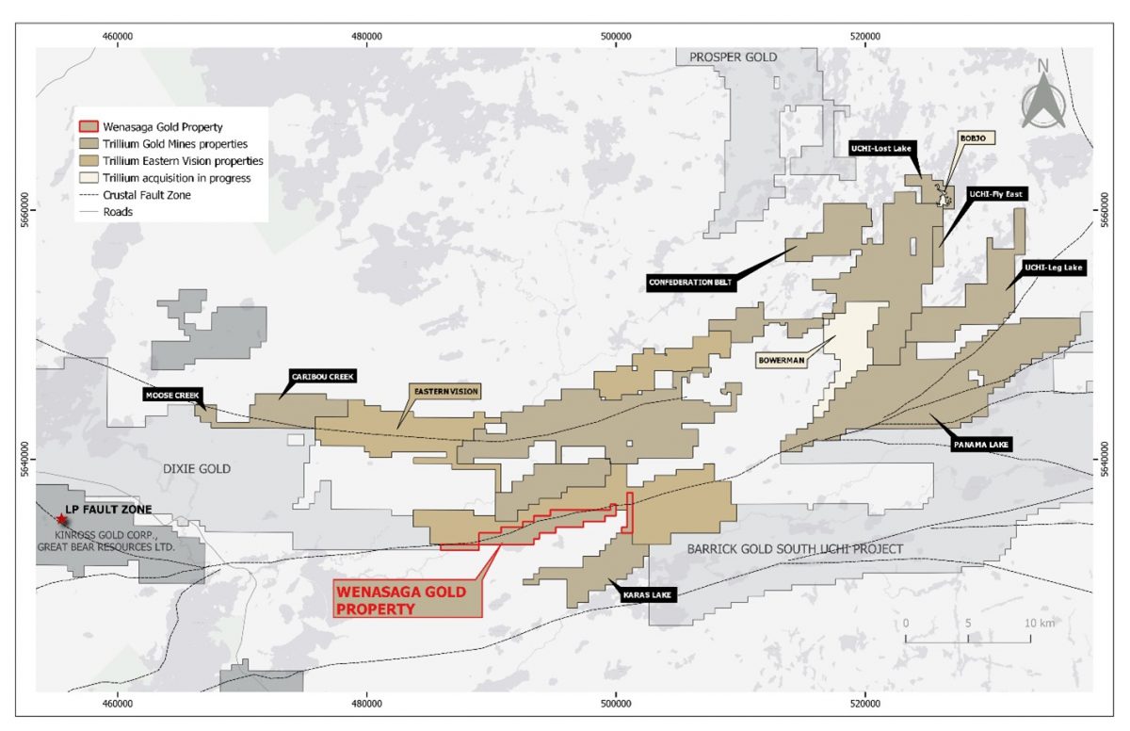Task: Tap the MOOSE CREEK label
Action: point(173,395)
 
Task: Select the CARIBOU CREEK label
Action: point(323,376)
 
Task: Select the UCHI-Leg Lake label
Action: point(1054,268)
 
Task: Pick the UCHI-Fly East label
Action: point(996,192)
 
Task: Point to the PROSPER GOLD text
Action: point(733,57)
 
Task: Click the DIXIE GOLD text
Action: point(196,469)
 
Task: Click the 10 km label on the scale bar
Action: point(1040,624)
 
